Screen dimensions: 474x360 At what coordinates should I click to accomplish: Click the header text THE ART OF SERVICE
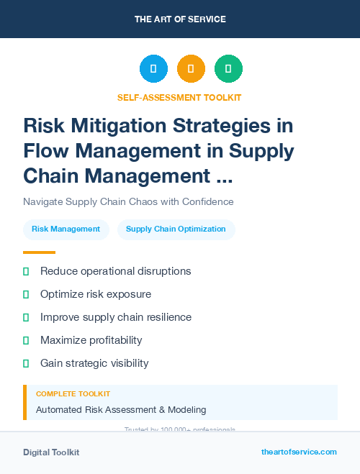tap(180, 19)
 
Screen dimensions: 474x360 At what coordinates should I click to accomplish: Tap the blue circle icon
tap(153, 69)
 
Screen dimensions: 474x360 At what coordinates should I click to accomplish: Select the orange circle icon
tap(191, 69)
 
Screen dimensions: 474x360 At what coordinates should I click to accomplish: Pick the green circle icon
tap(228, 69)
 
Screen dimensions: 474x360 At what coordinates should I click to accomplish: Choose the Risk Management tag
tap(66, 229)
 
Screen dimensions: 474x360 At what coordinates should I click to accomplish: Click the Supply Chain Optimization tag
tap(176, 229)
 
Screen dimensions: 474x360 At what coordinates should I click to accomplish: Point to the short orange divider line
tap(39, 252)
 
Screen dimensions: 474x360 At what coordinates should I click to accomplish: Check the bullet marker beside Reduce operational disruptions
tap(26, 272)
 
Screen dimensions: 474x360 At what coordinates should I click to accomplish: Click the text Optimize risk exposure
tap(96, 294)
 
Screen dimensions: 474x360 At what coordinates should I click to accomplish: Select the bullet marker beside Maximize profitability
tap(26, 340)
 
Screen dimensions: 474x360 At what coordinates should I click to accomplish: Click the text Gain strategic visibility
tap(94, 363)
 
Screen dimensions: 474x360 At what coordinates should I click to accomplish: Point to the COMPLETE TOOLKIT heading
tap(73, 394)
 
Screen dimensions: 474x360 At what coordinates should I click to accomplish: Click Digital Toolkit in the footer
tap(51, 452)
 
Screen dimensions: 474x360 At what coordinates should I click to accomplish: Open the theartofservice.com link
tap(299, 452)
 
